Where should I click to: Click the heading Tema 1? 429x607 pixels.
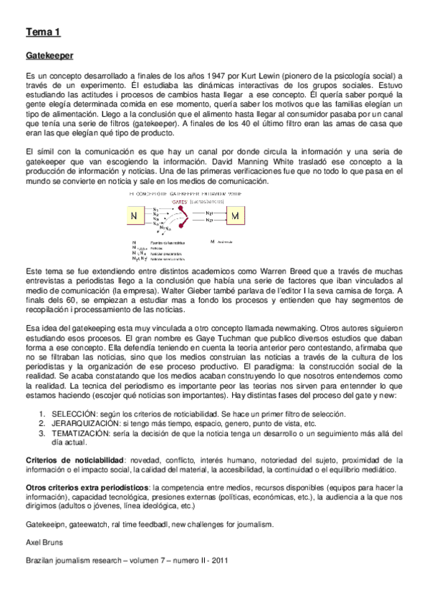[43, 31]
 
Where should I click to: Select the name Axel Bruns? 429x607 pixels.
[42, 542]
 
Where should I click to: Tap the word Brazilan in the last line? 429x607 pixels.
[40, 560]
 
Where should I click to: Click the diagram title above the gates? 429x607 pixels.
[181, 194]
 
